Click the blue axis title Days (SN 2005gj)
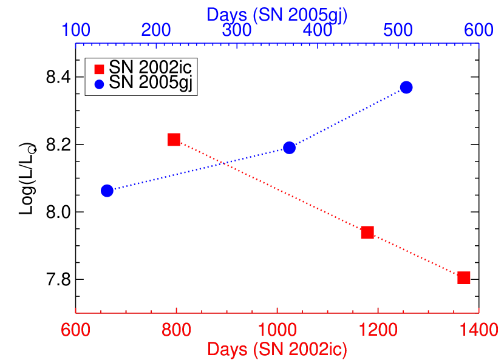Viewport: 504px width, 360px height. click(277, 15)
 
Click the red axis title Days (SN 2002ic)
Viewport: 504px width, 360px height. click(277, 349)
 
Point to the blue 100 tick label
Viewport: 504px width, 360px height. click(76, 30)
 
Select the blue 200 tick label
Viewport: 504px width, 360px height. click(156, 30)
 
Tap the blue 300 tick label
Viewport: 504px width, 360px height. click(237, 30)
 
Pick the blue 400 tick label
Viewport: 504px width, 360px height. click(318, 30)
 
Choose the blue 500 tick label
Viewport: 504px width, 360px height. click(398, 30)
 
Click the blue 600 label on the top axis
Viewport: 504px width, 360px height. click(478, 30)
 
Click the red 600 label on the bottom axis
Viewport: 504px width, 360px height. click(76, 330)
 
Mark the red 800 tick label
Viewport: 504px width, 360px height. click(177, 330)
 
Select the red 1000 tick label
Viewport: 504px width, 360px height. click(277, 330)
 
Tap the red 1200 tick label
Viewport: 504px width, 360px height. click(378, 330)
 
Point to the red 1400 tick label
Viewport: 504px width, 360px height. click(478, 330)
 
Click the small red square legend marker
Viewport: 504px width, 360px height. click(100, 69)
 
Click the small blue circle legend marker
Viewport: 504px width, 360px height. click(100, 84)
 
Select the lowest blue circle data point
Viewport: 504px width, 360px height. click(107, 191)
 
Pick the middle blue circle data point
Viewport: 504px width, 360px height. click(290, 148)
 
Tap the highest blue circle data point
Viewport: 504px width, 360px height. click(406, 87)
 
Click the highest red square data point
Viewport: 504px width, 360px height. click(174, 140)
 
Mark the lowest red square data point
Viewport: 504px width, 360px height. click(464, 277)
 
